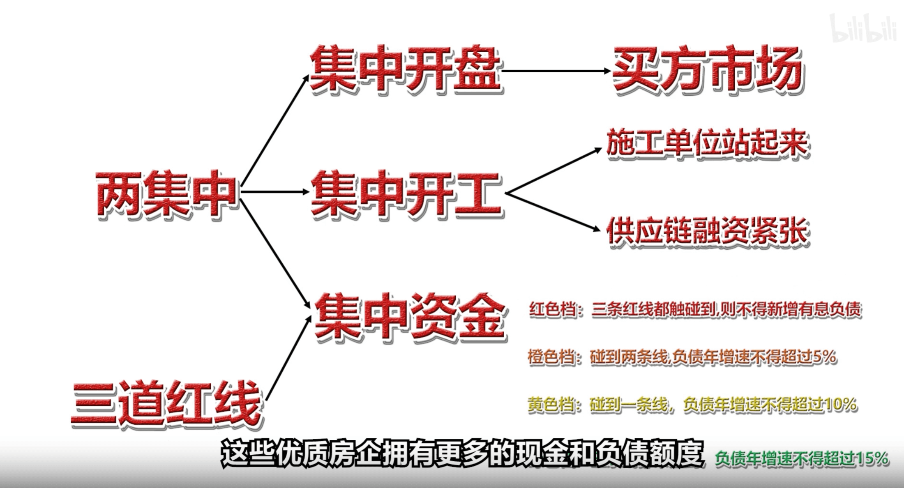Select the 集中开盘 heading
[405, 70]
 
